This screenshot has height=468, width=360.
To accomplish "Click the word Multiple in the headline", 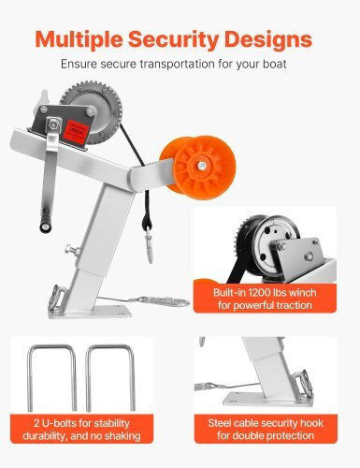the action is (79, 40).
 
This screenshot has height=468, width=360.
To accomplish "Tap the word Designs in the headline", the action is (268, 40).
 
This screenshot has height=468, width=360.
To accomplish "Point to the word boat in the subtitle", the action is (275, 64).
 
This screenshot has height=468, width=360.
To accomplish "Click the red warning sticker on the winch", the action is (76, 130).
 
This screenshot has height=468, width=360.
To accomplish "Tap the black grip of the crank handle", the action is (46, 220).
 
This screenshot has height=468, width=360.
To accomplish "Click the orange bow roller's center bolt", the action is (201, 166).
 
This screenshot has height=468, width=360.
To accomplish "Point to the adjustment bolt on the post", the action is (73, 250).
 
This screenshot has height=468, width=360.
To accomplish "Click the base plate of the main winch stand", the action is (91, 312).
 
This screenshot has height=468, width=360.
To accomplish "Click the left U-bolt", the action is (51, 378).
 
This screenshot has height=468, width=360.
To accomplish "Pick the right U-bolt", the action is (110, 378).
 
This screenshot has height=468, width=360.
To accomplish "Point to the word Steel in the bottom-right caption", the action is (220, 423).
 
